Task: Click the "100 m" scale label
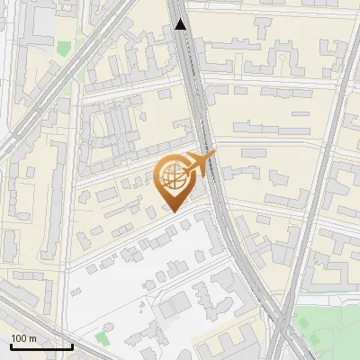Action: pos(23,337)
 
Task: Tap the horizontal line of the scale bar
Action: pos(41,346)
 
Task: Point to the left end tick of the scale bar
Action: pos(11,343)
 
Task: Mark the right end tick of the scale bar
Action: pos(72,343)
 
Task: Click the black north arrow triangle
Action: pos(181,24)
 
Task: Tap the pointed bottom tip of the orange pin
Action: pos(172,211)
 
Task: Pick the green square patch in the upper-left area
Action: pos(63,48)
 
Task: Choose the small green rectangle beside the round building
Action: pos(100,337)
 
